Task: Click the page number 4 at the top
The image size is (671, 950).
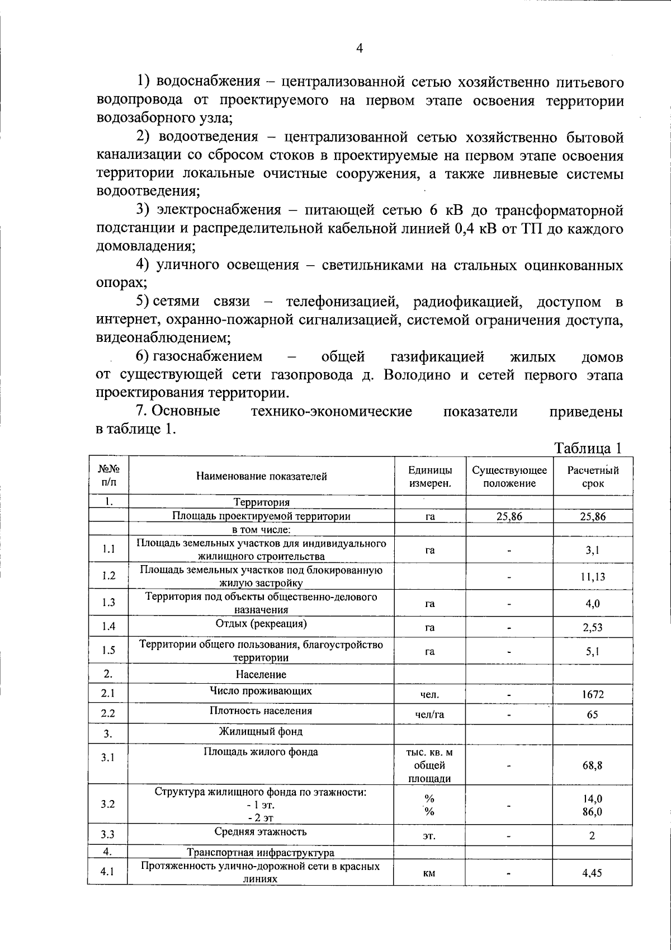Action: point(360,49)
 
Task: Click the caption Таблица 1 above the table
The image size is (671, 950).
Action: point(588,448)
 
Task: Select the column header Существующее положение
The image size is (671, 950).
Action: point(509,477)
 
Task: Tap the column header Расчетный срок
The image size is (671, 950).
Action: point(593,477)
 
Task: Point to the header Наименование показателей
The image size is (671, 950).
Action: point(261,477)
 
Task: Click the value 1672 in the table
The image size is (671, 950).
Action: point(593,694)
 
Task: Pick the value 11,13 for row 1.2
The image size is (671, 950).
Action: point(593,576)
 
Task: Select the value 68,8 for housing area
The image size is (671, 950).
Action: point(593,765)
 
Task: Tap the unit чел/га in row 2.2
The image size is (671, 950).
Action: point(429,714)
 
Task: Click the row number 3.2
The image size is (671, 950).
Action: point(108,804)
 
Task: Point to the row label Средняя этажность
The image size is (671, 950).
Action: point(261,832)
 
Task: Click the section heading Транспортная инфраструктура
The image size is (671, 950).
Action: point(261,853)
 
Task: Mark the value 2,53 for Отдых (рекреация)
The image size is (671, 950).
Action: point(593,627)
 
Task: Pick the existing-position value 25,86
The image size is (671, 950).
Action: point(509,516)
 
